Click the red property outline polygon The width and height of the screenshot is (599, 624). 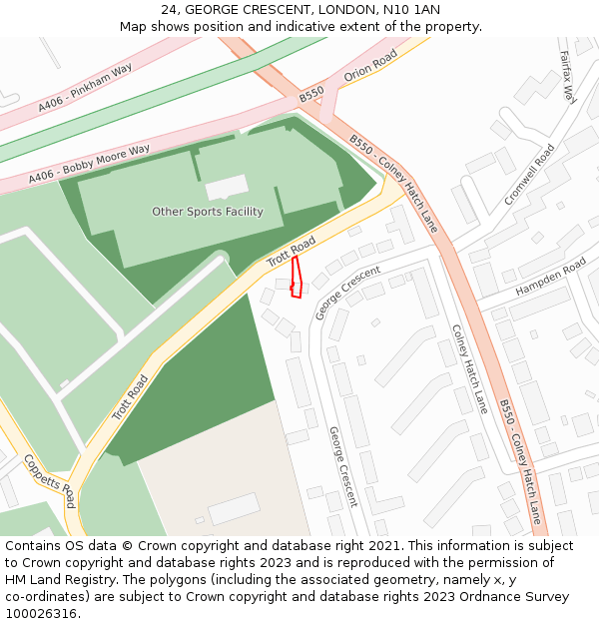click(296, 279)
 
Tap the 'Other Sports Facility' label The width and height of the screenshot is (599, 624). click(208, 212)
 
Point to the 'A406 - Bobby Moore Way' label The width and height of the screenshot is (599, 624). click(89, 164)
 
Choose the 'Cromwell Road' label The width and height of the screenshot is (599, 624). click(529, 175)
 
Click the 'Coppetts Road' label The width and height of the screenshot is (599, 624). click(49, 480)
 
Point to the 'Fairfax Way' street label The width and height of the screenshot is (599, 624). click(568, 77)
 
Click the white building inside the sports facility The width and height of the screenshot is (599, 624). click(227, 187)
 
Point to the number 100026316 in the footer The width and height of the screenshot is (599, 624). click(41, 613)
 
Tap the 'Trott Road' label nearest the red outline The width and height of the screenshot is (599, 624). click(291, 252)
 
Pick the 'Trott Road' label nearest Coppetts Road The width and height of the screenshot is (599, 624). click(130, 397)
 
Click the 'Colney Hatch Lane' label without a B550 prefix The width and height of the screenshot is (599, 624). click(469, 368)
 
